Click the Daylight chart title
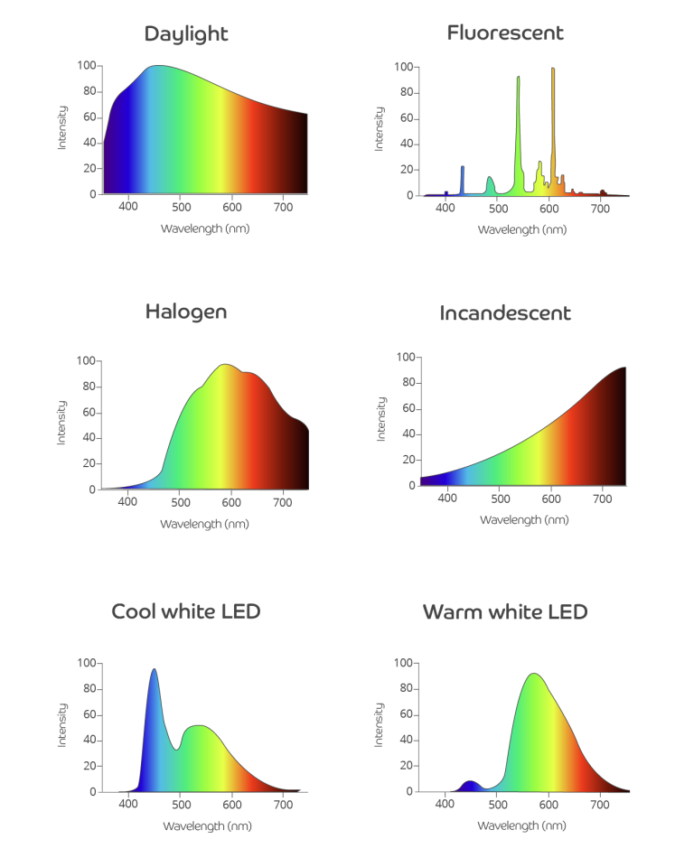click(x=186, y=34)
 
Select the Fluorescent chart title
click(x=505, y=33)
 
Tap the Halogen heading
click(x=186, y=312)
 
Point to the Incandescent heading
click(x=505, y=313)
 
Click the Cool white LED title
click(x=186, y=611)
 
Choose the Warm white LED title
click(x=505, y=612)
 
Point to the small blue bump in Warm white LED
click(x=469, y=785)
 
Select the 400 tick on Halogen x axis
click(x=127, y=502)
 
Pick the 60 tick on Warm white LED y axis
click(x=404, y=714)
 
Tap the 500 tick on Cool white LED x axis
click(x=180, y=804)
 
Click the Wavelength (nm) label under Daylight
click(x=205, y=228)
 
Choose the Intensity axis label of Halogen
click(x=62, y=424)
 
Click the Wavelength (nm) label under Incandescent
click(x=524, y=520)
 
